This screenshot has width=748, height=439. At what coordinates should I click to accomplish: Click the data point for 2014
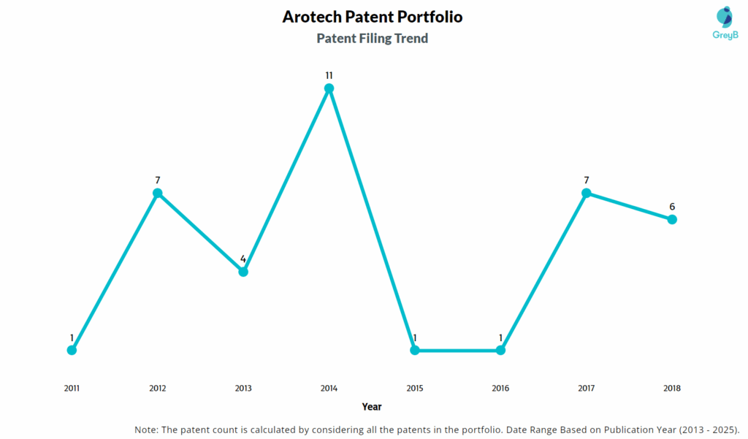tap(329, 88)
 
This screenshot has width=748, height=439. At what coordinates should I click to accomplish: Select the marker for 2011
tap(72, 350)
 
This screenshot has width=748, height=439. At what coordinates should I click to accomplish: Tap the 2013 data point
tap(243, 272)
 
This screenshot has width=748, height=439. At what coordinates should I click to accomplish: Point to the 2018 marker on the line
tap(672, 219)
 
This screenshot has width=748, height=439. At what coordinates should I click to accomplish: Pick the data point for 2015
tap(415, 350)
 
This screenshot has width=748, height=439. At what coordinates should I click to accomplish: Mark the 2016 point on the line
tap(500, 350)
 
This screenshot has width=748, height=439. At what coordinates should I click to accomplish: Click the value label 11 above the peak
tap(329, 75)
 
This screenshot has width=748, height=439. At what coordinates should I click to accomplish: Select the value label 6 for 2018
tap(672, 207)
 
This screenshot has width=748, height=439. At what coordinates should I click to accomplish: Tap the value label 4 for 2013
tap(243, 259)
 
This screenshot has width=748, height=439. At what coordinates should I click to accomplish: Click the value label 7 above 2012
tap(158, 180)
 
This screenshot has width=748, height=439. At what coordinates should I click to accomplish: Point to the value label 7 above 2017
tap(587, 180)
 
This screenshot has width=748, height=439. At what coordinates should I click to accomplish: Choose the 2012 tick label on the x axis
tap(158, 388)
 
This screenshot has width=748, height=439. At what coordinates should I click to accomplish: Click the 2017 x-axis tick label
tap(587, 388)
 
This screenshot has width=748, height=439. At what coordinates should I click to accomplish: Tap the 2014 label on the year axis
tap(329, 388)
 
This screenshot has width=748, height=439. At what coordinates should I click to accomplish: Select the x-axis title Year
tap(372, 407)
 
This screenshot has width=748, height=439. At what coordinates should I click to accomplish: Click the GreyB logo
tap(725, 23)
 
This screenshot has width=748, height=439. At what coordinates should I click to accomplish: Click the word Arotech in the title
tap(311, 17)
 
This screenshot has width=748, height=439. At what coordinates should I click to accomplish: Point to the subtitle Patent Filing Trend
tap(372, 38)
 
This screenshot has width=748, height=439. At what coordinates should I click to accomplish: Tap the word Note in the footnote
tap(145, 430)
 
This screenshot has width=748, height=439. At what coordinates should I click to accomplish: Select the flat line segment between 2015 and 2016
tap(457, 350)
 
